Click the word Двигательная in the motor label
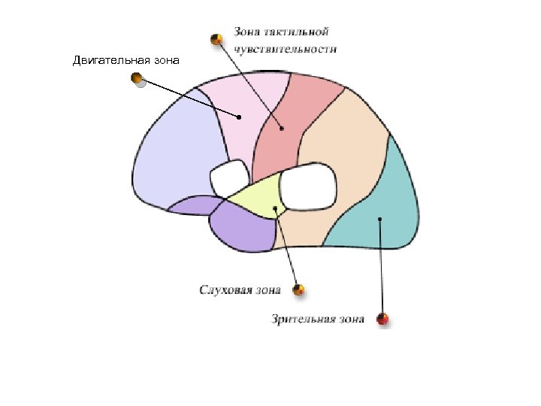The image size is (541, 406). (x=110, y=59)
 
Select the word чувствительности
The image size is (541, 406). (x=285, y=49)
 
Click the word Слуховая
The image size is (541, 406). (x=223, y=289)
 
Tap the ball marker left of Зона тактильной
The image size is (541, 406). (x=216, y=38)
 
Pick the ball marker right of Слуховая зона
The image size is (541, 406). (x=299, y=289)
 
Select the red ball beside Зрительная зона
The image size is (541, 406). (x=383, y=320)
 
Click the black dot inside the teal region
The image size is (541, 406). (x=380, y=219)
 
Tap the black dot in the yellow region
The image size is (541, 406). (x=276, y=208)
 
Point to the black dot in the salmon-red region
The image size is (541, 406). (x=283, y=129)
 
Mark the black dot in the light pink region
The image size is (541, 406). (x=239, y=117)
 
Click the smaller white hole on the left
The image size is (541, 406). (x=229, y=177)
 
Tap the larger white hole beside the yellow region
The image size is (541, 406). (x=308, y=187)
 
